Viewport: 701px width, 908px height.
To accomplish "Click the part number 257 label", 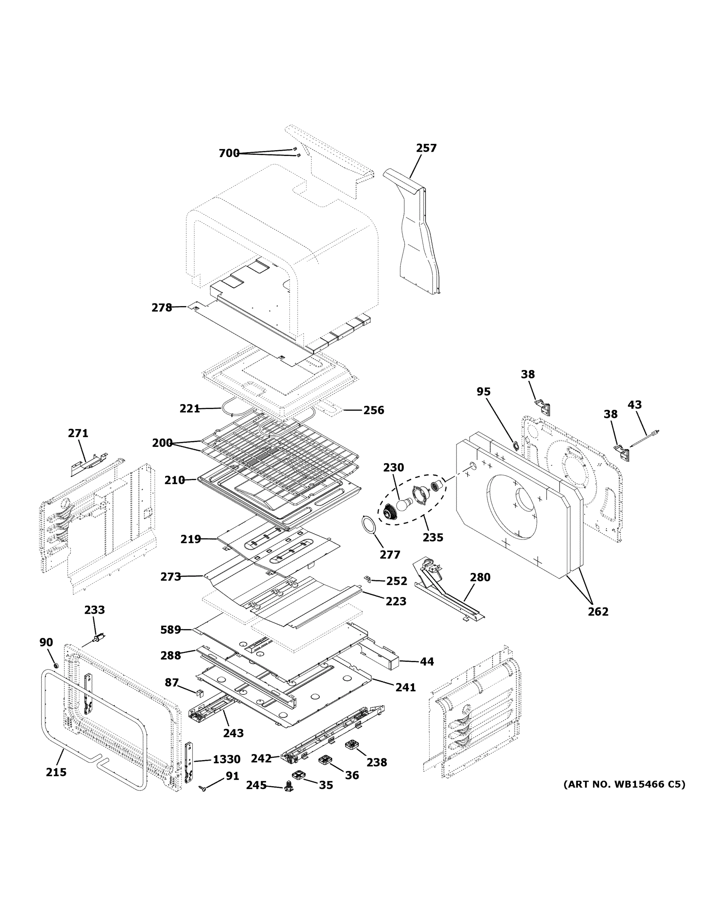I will (x=426, y=148).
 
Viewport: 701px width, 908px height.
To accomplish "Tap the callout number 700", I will (x=229, y=153).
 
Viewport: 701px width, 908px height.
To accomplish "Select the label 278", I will (x=161, y=308).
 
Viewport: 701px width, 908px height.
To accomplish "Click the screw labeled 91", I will (x=203, y=788).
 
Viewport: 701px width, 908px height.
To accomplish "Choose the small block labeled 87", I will (x=200, y=693).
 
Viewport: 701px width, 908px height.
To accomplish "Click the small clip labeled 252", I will (x=367, y=579).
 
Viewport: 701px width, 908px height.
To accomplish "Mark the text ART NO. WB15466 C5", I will (x=624, y=785).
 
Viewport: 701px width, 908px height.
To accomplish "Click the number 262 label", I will (x=597, y=611).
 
